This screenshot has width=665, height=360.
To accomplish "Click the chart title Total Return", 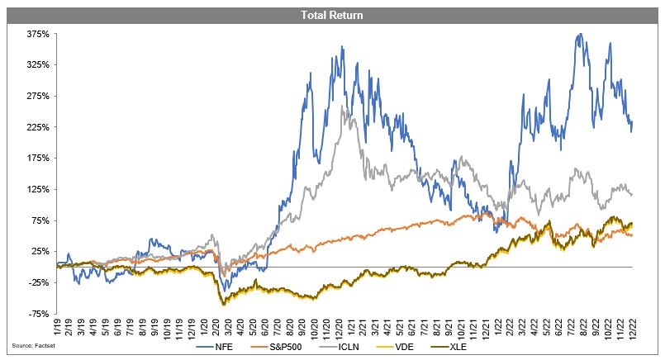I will point(332,15).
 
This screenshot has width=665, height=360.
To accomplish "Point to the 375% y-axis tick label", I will point(39,34).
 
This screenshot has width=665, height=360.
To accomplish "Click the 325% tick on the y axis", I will point(39,64).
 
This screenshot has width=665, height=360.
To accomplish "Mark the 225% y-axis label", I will point(39,127).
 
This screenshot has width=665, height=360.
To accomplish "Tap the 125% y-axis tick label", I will point(39,189).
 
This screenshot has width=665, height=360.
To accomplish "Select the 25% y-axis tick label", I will point(41,251).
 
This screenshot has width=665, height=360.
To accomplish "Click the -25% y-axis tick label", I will point(40,282).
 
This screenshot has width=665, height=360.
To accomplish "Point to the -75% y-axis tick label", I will point(40,314).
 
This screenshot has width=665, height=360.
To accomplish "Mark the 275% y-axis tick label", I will point(39,96).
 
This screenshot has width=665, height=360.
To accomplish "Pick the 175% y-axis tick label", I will point(39,158).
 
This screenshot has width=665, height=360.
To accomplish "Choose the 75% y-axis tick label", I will point(41,220).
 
